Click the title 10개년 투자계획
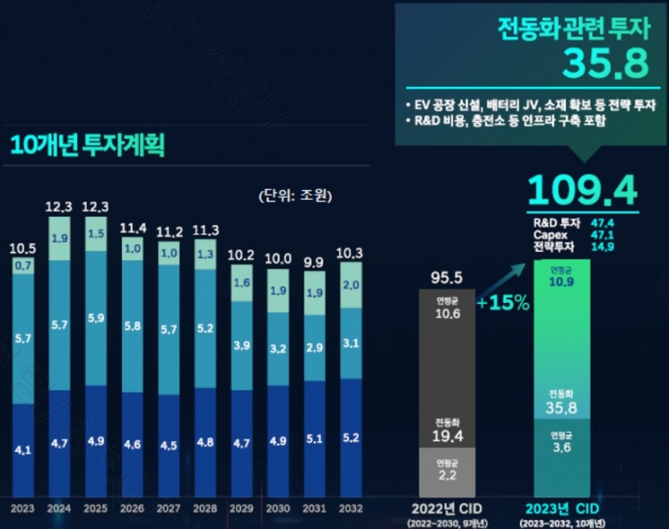point(88,145)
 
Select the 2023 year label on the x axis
point(23,508)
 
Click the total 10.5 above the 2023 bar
point(23,249)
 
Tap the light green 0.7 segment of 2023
point(23,266)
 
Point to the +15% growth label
point(503,302)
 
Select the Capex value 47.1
point(605,235)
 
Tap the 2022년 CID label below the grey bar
point(446,507)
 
